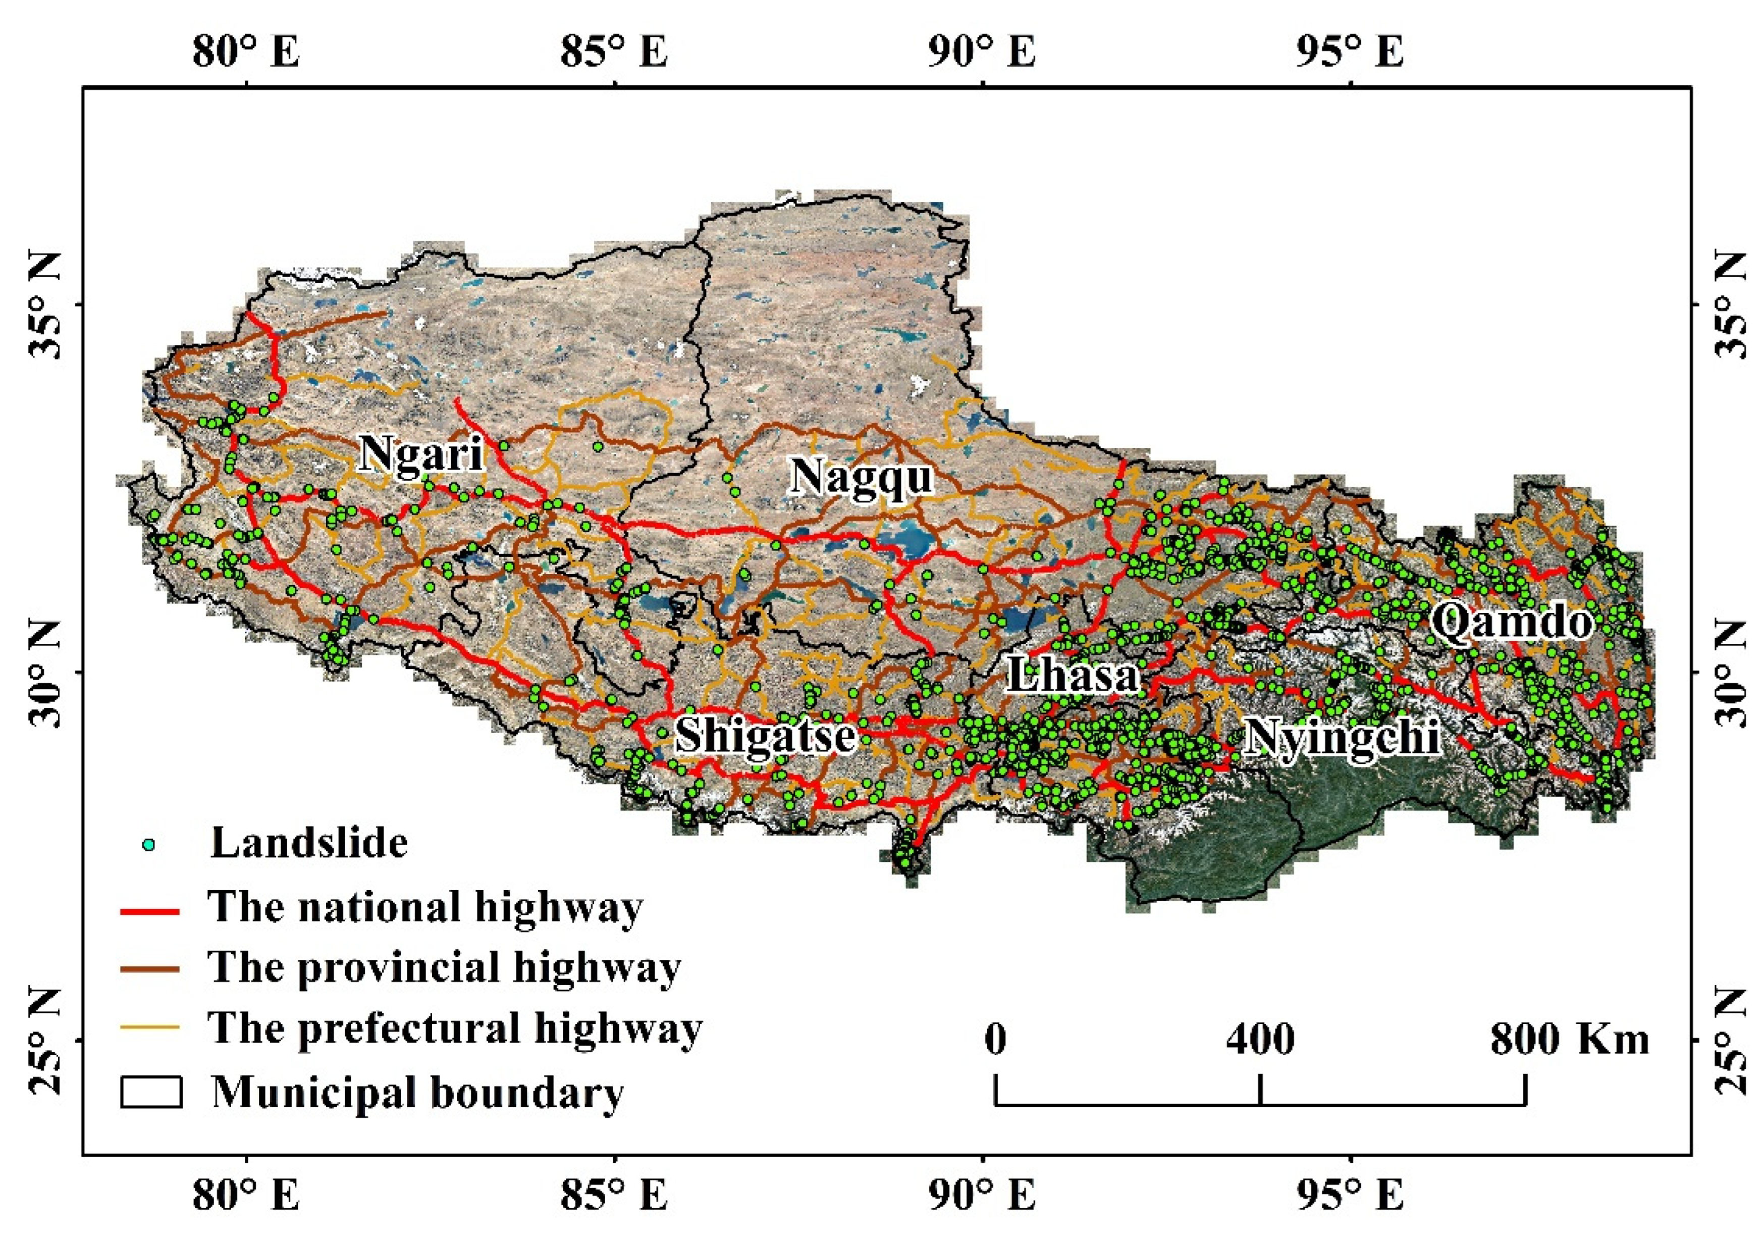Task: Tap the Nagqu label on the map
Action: coord(862,477)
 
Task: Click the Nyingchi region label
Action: coord(1340,738)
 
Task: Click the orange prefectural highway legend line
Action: coord(150,1027)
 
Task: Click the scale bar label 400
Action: coord(1259,1039)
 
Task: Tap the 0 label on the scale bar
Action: coord(995,1039)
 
